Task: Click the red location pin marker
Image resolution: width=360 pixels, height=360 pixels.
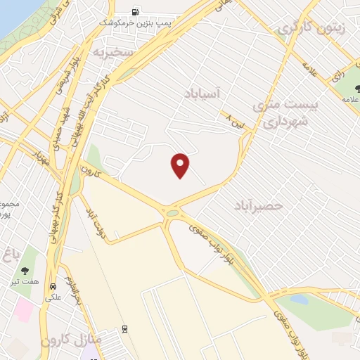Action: click(x=181, y=165)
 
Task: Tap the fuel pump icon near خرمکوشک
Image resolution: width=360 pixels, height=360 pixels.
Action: click(x=134, y=11)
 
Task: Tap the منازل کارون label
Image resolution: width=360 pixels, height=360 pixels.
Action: click(x=71, y=340)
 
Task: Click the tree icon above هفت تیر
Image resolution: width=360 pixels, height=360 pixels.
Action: click(x=25, y=270)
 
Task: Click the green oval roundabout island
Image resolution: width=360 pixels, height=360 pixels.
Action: click(x=172, y=212)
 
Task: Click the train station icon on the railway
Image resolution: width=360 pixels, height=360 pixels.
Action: click(x=124, y=329)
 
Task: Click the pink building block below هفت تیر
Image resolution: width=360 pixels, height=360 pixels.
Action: click(x=25, y=309)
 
